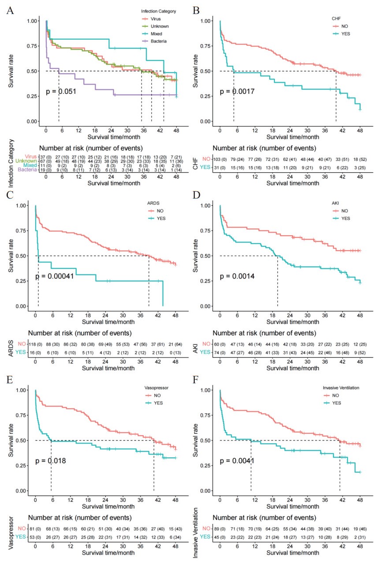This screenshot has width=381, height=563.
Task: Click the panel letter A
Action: (9, 10)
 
